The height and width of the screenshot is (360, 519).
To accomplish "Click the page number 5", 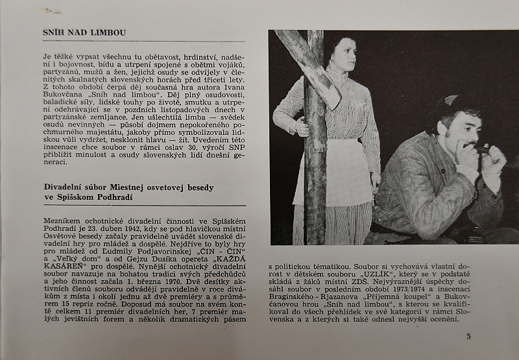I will (468, 336).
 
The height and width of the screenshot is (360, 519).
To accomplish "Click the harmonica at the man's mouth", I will (481, 150).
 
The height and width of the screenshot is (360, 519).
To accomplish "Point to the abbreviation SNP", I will (235, 156).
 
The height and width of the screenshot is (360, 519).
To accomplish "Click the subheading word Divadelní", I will (65, 187).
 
